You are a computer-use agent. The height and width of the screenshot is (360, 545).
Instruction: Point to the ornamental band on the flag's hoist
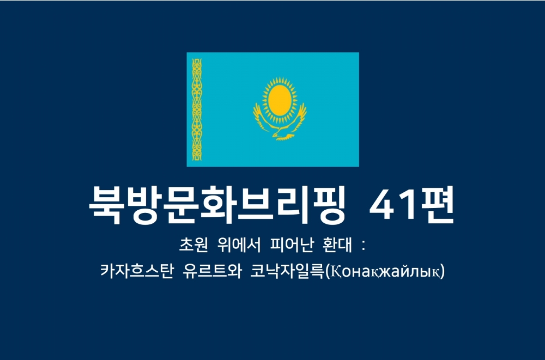197,109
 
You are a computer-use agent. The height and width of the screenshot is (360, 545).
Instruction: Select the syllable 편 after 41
436,205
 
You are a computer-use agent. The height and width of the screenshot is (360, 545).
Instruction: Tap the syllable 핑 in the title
328,205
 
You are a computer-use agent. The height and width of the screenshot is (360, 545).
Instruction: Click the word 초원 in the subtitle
193,245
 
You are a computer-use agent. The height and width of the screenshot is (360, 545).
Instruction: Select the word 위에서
239,245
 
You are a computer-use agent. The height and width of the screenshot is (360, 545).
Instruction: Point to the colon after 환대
364,245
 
